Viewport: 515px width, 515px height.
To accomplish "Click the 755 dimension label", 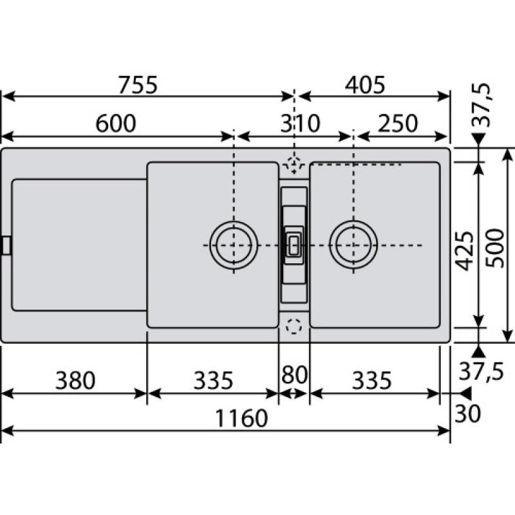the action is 138,85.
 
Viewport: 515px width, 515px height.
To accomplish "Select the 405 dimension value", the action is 365,85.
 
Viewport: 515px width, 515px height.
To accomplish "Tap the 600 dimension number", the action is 116,124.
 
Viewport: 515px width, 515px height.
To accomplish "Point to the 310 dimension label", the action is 300,124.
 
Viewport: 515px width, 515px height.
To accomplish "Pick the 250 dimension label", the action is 398,124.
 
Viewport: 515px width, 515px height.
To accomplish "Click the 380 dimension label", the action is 75,380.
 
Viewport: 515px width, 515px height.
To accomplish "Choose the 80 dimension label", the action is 294,375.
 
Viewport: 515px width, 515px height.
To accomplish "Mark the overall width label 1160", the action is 241,418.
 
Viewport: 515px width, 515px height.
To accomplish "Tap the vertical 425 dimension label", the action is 466,251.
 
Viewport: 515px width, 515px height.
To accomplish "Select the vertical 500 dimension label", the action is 494,248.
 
